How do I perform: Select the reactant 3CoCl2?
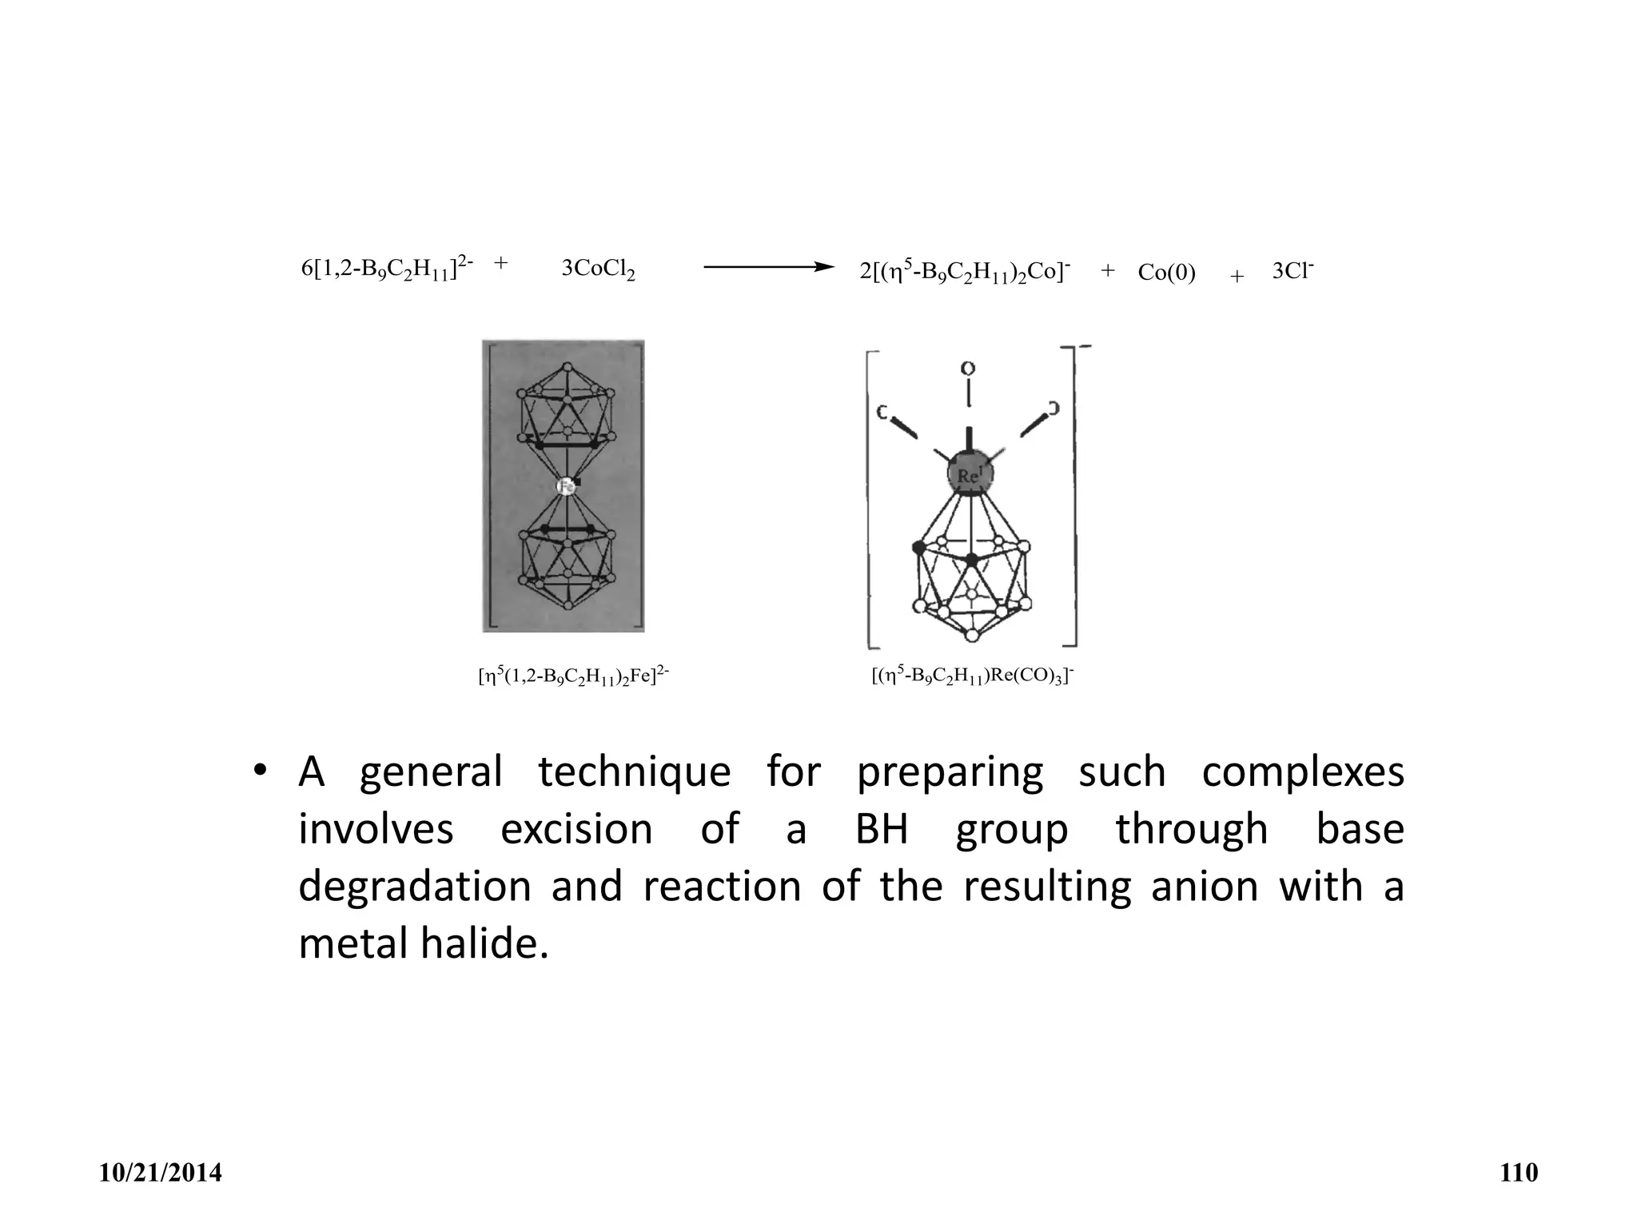598,269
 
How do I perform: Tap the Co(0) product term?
1166,273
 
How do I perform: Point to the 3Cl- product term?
1292,271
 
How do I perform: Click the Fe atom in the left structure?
567,486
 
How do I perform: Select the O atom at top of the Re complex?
968,369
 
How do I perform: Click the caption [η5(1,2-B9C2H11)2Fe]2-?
573,676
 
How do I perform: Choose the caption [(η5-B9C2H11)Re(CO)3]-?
973,676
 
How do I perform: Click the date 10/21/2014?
161,1173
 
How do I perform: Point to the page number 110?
1519,1173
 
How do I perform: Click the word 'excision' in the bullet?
576,829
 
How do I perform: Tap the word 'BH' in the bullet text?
882,829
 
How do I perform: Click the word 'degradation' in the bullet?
414,887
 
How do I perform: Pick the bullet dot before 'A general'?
259,771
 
